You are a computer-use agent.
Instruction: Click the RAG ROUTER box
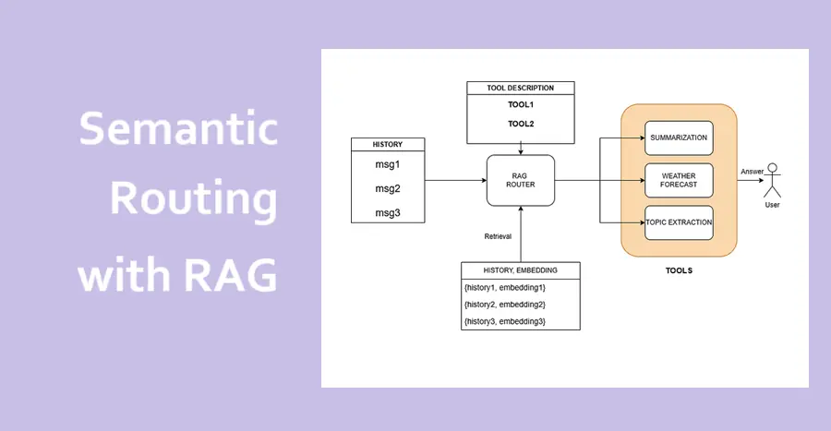click(x=521, y=179)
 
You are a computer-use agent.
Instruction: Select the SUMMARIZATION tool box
click(x=679, y=138)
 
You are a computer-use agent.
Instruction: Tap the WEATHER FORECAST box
click(x=679, y=180)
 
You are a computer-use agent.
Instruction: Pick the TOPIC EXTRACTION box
click(x=679, y=223)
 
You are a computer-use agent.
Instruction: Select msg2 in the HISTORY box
click(x=388, y=188)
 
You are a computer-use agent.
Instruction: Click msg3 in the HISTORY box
click(x=388, y=212)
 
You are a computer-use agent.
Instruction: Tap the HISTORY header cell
click(x=388, y=145)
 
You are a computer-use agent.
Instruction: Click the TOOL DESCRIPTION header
click(x=521, y=88)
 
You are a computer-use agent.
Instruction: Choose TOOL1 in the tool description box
click(x=521, y=104)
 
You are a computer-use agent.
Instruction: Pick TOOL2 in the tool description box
click(x=521, y=123)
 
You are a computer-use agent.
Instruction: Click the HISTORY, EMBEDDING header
click(x=521, y=269)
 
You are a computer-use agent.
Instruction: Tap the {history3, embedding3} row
click(x=505, y=320)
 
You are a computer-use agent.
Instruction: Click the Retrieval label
click(x=498, y=236)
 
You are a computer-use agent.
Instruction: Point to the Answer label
click(x=752, y=172)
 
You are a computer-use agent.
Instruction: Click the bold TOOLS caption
click(x=679, y=270)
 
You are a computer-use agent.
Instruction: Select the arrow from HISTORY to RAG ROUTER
click(x=457, y=179)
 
